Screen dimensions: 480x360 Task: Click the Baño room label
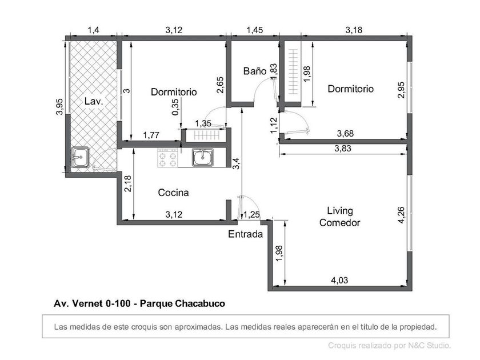pos(255,71)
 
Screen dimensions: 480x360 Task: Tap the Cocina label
pos(173,193)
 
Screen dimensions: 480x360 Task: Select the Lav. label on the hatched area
pos(93,101)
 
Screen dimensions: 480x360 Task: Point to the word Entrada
pos(246,234)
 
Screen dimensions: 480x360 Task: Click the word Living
pos(340,211)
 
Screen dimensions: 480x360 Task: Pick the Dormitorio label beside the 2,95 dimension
pos(350,89)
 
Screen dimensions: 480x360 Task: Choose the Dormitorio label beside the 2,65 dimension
pos(174,92)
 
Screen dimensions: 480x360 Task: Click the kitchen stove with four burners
pos(168,158)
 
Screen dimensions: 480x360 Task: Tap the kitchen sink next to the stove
pos(203,157)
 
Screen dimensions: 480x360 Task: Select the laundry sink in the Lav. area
pos(80,157)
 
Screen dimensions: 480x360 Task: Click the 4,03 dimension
pos(339,280)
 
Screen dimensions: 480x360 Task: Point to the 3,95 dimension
pos(59,106)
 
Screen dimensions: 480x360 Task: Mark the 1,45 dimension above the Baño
pos(255,30)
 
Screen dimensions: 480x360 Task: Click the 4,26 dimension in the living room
pos(401,215)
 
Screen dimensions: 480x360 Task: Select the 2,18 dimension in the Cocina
pos(128,183)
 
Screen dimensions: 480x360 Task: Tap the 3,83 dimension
pos(343,149)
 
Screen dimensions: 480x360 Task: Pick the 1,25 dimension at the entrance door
pos(251,215)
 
